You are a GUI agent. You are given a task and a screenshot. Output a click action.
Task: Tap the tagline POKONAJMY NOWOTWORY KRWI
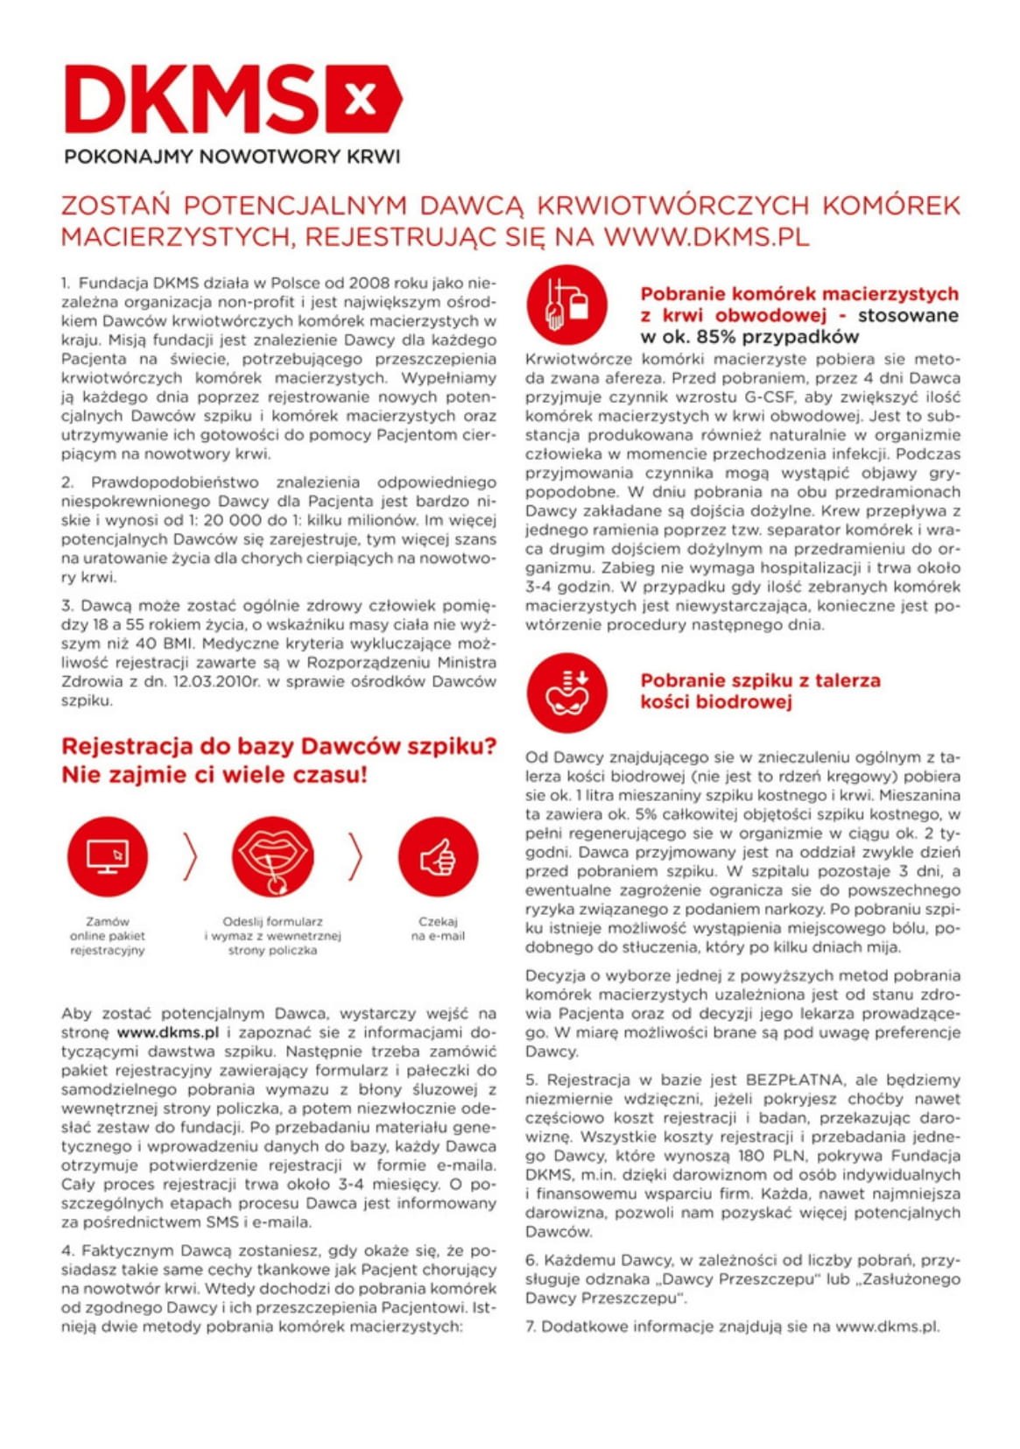232,157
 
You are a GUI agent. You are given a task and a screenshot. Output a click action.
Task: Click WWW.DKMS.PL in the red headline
706,237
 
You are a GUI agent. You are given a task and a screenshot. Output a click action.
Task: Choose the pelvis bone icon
566,693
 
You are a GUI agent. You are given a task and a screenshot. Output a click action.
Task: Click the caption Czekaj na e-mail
438,929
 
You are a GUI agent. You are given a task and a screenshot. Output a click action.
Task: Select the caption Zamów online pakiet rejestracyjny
108,936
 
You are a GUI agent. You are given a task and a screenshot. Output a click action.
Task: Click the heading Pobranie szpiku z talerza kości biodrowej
759,691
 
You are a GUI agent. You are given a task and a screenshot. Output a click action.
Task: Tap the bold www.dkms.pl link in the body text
167,1032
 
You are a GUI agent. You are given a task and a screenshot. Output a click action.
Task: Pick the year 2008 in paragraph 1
369,283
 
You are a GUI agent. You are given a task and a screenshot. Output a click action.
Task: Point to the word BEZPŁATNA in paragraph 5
795,1080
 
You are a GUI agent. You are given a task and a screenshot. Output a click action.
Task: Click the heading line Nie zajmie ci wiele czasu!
215,775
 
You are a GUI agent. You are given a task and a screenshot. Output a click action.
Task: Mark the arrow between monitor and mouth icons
190,856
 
